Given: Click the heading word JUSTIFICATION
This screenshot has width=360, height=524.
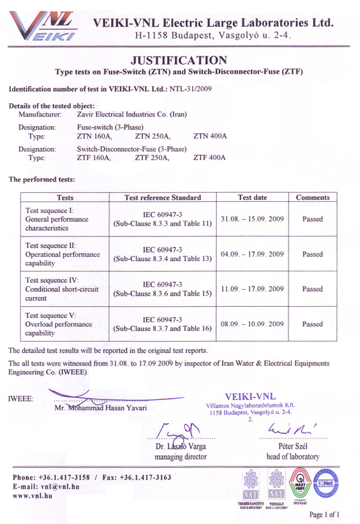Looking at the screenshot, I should [x=179, y=60].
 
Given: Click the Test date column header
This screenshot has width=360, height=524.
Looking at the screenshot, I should [x=252, y=197].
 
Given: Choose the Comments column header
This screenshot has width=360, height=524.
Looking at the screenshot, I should [x=313, y=197].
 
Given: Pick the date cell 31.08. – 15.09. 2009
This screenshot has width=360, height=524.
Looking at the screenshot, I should [x=252, y=219].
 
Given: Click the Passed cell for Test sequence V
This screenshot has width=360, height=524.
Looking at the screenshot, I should [x=313, y=324].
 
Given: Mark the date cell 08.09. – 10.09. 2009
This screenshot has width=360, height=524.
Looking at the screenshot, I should [x=252, y=324].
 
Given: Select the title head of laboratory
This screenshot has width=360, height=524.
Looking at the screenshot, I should [x=293, y=457].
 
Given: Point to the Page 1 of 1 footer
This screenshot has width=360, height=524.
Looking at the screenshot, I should [x=324, y=514].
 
